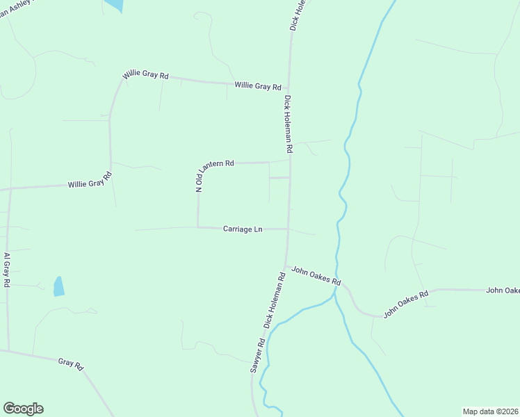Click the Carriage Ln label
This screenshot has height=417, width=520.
[243, 229]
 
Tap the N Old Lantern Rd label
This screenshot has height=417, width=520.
[215, 175]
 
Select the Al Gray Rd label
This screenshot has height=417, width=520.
[6, 270]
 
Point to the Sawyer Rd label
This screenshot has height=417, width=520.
[258, 357]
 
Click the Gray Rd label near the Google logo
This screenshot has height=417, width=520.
[71, 362]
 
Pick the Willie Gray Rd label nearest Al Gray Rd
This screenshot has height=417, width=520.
[90, 181]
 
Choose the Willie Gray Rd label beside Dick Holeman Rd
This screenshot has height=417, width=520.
[257, 86]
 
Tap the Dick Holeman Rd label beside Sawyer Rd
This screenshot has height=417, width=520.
[275, 300]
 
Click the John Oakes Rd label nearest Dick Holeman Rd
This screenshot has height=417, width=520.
[316, 275]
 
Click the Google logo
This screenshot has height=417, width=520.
[23, 409]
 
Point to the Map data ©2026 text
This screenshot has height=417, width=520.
[490, 411]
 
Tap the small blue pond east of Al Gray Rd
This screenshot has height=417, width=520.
[59, 286]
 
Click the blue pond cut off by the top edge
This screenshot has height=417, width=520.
[114, 5]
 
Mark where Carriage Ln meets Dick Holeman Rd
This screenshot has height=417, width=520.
[288, 229]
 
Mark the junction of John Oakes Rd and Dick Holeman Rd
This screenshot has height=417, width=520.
[285, 266]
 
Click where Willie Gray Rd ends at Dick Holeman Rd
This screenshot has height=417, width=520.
[291, 86]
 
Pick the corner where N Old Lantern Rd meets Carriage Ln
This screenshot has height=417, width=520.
[198, 227]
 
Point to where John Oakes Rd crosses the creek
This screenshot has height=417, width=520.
[335, 283]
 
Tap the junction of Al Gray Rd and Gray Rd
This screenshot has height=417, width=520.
[8, 350]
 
